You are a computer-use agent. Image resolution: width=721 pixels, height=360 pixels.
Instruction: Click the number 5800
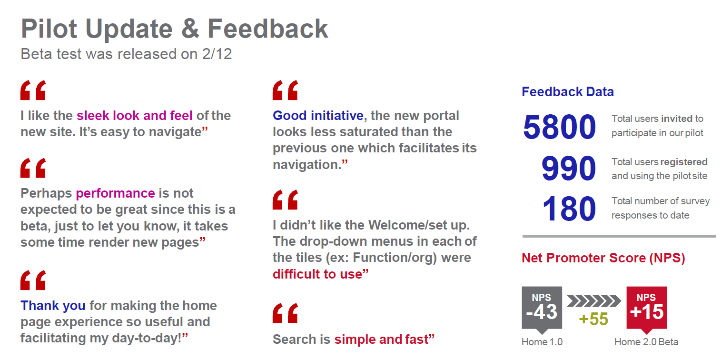pos(559,127)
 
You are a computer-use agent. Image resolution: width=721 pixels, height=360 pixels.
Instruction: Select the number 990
pos(569,168)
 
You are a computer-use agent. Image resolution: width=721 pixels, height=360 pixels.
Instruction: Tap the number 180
pos(569,209)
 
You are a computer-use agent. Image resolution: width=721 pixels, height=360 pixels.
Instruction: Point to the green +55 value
pos(593,319)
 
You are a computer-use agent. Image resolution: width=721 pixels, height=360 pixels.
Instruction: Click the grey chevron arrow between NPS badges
pos(593,301)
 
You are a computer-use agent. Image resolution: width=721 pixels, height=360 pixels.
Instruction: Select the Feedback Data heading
pos(568,92)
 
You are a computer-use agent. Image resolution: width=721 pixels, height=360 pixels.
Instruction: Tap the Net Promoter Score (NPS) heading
pos(603,258)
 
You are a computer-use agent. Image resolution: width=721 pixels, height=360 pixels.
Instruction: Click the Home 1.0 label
pos(542,342)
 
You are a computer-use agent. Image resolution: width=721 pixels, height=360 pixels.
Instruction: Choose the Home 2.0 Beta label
pos(646,342)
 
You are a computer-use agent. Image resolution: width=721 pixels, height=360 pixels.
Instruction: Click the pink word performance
pos(115,193)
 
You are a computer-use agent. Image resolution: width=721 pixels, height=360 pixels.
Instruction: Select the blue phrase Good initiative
pos(318,116)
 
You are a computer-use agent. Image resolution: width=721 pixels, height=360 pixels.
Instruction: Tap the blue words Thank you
pos(53,306)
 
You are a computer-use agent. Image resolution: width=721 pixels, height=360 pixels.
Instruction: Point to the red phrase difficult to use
pos(317,274)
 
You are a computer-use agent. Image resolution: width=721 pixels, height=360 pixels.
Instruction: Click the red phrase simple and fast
pos(381,340)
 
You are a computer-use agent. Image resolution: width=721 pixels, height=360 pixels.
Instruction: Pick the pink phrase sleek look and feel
pos(134,116)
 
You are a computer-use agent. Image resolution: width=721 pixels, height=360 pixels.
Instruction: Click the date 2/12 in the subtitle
pos(217,54)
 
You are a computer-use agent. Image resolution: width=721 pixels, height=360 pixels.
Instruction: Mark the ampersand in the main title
pos(190,29)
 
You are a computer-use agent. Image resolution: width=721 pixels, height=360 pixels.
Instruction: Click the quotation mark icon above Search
pos(285,313)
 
